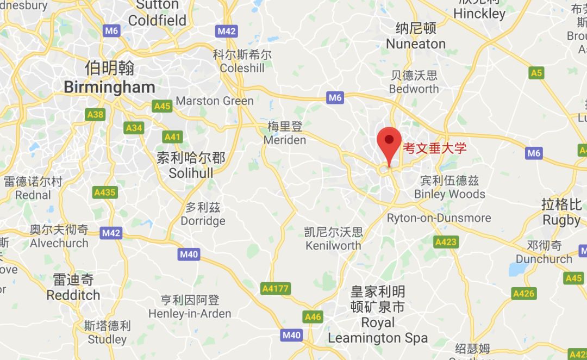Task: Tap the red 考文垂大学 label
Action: [x=434, y=148]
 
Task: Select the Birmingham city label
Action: [x=109, y=87]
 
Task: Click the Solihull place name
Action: [x=191, y=173]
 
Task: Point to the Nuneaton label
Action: [x=416, y=44]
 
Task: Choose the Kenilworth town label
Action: [x=333, y=245]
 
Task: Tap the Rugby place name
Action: [x=561, y=220]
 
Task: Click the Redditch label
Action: [x=73, y=295]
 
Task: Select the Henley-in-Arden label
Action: [x=190, y=314]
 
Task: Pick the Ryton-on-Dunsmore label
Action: [x=439, y=218]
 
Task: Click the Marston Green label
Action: [x=215, y=101]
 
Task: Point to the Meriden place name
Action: [x=285, y=140]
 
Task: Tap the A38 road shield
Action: [x=95, y=114]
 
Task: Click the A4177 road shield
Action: [x=276, y=289]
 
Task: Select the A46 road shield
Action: [x=313, y=316]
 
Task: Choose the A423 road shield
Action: [x=446, y=241]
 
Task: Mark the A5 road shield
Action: [x=536, y=73]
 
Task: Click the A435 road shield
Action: [x=105, y=192]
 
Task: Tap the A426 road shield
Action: [x=524, y=294]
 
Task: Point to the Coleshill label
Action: [x=242, y=69]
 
